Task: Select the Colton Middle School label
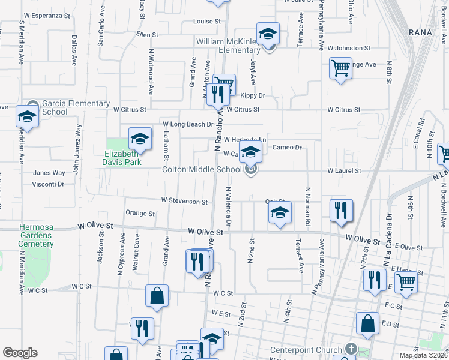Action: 202,170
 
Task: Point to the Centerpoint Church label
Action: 306,350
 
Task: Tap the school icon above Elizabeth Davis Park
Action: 140,139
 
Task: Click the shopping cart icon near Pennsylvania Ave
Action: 340,68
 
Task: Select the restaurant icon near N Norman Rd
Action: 341,210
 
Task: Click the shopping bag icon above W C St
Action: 157,296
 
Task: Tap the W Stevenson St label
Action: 185,202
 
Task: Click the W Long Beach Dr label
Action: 188,124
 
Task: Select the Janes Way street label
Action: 49,173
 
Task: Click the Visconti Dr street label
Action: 48,184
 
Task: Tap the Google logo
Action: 20,353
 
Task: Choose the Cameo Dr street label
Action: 286,147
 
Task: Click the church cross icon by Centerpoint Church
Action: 351,349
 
